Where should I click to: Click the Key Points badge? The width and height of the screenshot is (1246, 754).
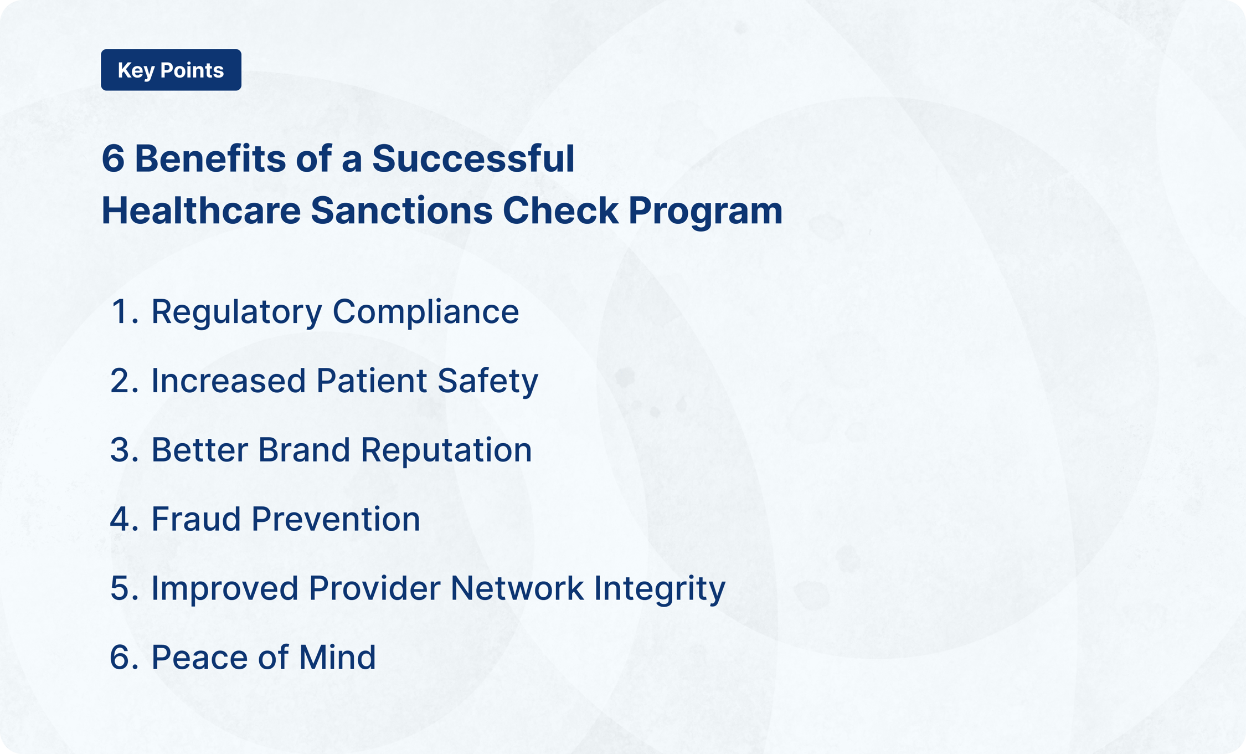[x=171, y=70]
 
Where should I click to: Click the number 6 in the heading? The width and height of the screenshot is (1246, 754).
[x=113, y=159]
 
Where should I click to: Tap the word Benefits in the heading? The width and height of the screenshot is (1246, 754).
[x=210, y=159]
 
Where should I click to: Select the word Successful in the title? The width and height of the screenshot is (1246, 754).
[x=473, y=159]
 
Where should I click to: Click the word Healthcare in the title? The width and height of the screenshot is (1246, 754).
[x=201, y=211]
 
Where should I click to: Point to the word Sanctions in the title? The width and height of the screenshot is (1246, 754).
[x=401, y=211]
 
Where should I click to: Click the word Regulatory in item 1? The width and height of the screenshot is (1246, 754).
[x=236, y=312]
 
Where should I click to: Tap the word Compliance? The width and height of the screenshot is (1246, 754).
[x=425, y=312]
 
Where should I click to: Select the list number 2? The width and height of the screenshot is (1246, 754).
[x=120, y=381]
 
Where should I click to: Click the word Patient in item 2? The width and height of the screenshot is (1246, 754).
[x=372, y=381]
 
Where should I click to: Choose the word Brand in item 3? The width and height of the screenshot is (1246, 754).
[x=303, y=450]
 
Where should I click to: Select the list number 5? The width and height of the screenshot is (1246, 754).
[x=120, y=588]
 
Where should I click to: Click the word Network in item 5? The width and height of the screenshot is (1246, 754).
[x=517, y=588]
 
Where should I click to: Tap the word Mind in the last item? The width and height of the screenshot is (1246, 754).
[x=337, y=658]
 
